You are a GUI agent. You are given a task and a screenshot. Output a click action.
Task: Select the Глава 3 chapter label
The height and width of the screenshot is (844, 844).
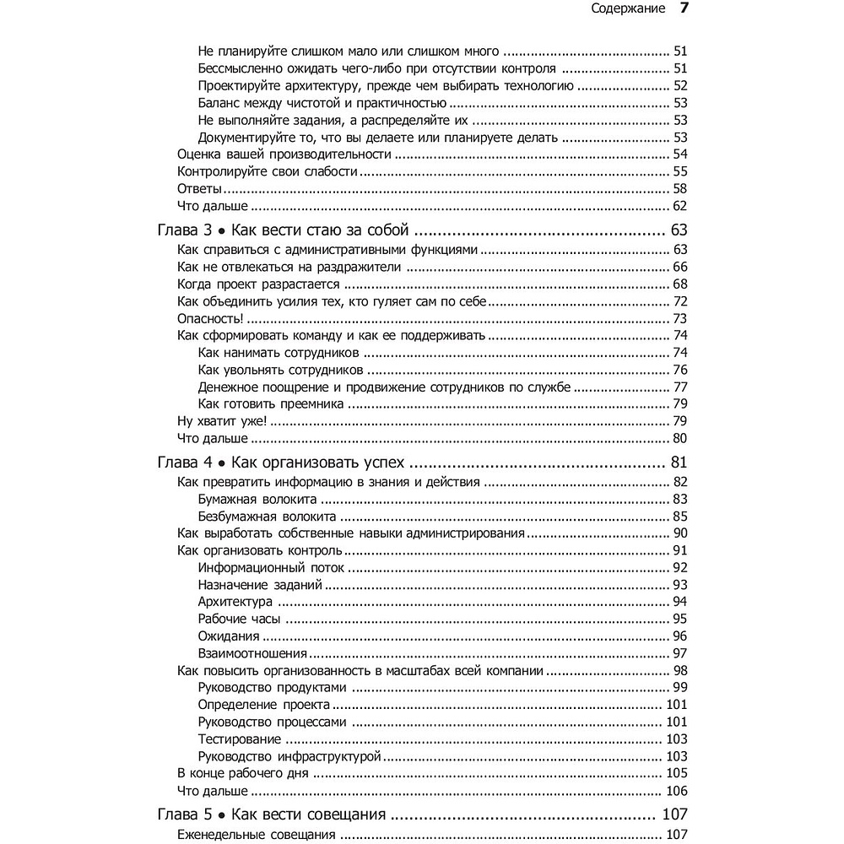tap(183, 230)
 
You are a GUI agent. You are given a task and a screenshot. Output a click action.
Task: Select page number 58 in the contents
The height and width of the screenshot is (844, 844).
tap(680, 188)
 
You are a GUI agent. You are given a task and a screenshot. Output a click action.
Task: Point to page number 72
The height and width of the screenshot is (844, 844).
tap(680, 301)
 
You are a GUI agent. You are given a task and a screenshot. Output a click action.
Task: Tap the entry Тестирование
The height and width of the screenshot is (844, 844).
tap(240, 738)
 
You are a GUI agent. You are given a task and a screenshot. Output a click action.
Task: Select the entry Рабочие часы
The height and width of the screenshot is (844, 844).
tap(239, 619)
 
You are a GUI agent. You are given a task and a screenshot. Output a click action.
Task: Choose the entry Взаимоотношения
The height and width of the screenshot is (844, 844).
tap(252, 653)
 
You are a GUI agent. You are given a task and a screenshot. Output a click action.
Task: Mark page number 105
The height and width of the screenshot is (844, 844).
tap(677, 772)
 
